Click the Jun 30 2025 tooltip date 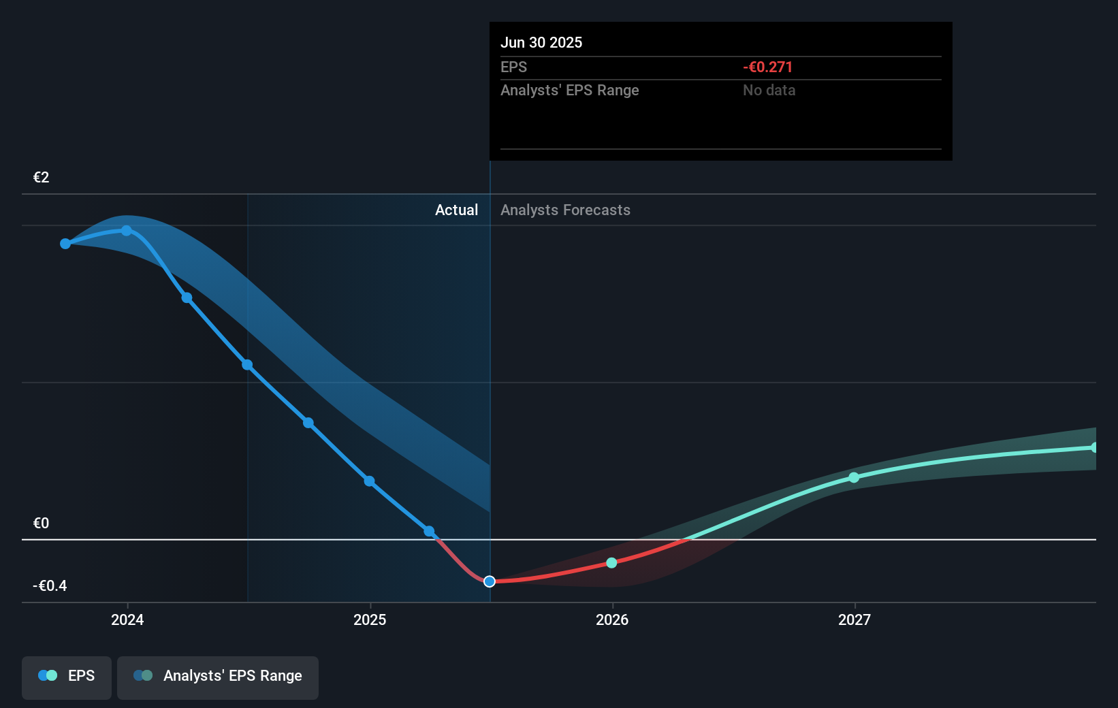pos(541,42)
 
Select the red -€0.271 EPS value pos(767,67)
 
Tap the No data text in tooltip pos(769,91)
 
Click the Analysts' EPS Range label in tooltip pos(569,91)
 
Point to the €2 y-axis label pos(41,178)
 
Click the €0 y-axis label pos(41,524)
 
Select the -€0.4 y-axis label pos(50,586)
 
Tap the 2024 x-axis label pos(127,619)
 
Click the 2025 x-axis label pos(370,619)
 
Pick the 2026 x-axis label pos(612,619)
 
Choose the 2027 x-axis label pos(855,619)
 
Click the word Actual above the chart pos(456,210)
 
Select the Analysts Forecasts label pos(565,210)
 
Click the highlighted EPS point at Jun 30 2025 pos(490,581)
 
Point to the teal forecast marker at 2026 pos(611,562)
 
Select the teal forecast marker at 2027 pos(854,478)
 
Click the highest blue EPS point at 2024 pos(127,231)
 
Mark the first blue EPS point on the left pos(65,244)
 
